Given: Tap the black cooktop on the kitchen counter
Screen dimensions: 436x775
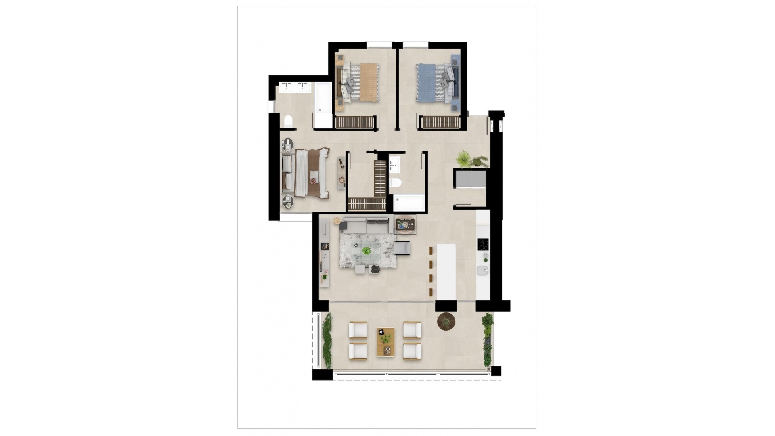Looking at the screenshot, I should pos(483,244).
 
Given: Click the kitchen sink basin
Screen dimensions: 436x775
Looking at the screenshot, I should pos(482,270).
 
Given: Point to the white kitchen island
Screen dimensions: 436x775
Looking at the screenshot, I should pos(446,271).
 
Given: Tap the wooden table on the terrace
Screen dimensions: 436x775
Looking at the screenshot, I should pos(385,342).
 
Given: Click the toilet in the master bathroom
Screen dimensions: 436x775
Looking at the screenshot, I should pos(288,121).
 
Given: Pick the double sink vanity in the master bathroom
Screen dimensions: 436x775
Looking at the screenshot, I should pos(294,87).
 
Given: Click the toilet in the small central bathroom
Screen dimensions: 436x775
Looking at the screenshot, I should pos(396,182).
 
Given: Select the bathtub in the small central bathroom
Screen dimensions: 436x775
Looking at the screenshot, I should pos(409,203).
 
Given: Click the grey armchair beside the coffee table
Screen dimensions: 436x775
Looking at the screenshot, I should pos(402,247).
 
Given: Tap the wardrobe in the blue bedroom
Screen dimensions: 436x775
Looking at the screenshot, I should pos(440,122).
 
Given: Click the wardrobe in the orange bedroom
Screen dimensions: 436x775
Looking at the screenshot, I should pos(355,122).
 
